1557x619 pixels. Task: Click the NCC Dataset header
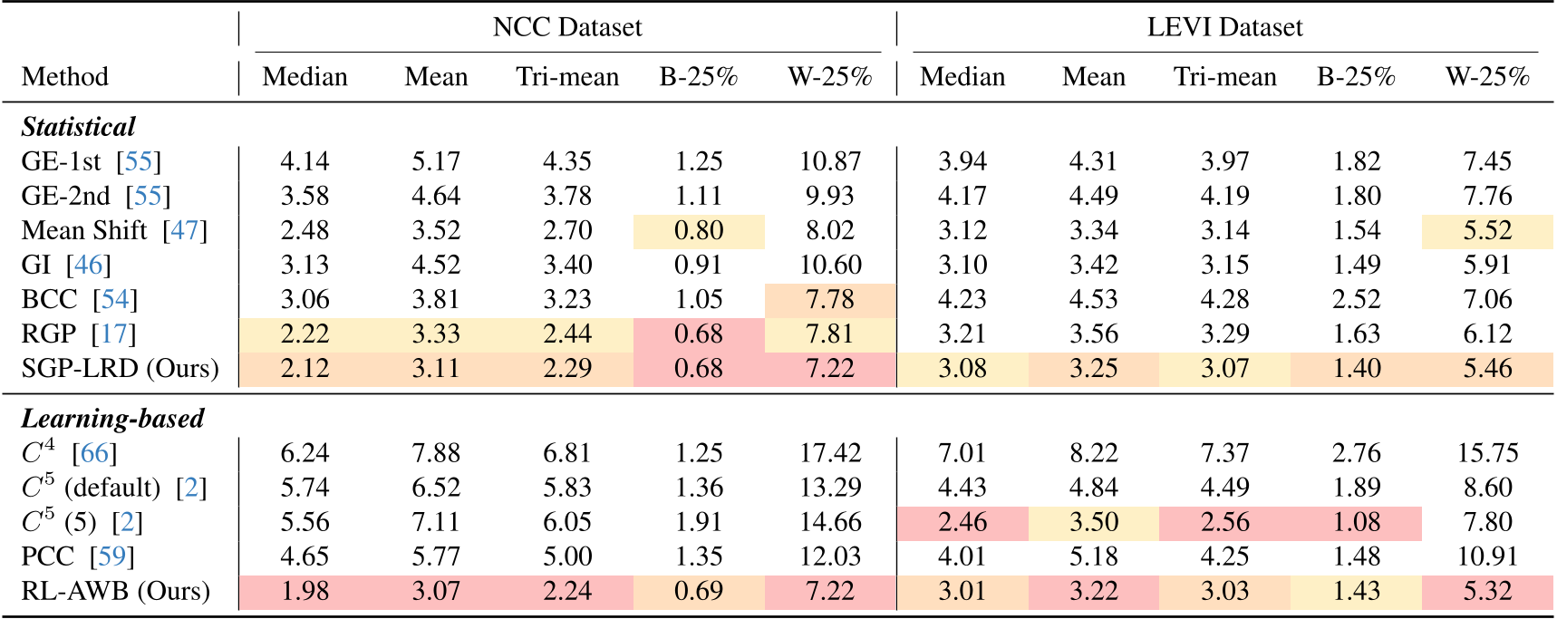click(567, 27)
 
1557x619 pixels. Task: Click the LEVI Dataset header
click(1224, 27)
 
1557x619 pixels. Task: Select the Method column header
click(65, 77)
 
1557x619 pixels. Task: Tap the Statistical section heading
click(78, 127)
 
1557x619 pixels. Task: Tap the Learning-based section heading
click(112, 419)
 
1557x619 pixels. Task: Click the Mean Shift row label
click(84, 230)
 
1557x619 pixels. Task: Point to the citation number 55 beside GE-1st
click(139, 161)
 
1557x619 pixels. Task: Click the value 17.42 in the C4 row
click(829, 453)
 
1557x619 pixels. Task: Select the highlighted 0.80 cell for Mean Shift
click(699, 230)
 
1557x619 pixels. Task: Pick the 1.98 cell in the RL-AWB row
click(305, 591)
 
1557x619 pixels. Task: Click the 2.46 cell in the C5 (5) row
click(962, 522)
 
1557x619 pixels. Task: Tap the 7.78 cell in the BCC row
click(829, 299)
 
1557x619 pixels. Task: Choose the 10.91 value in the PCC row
click(1487, 556)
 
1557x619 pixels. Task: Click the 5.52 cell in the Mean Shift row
click(1487, 230)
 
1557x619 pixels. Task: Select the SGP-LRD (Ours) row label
click(120, 368)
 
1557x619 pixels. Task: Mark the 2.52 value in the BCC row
click(1356, 299)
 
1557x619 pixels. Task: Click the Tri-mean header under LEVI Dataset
click(1224, 77)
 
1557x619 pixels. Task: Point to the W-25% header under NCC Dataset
click(829, 77)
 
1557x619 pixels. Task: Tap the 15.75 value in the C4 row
click(1487, 453)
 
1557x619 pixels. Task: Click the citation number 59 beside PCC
click(112, 556)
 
